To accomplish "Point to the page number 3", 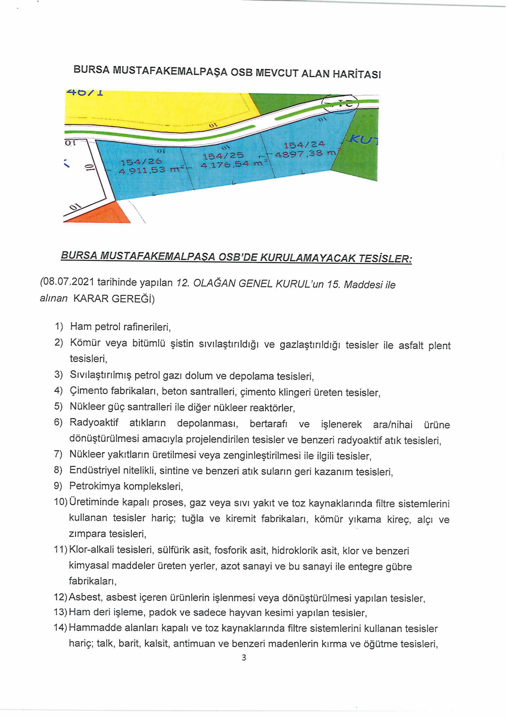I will [244, 658].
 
